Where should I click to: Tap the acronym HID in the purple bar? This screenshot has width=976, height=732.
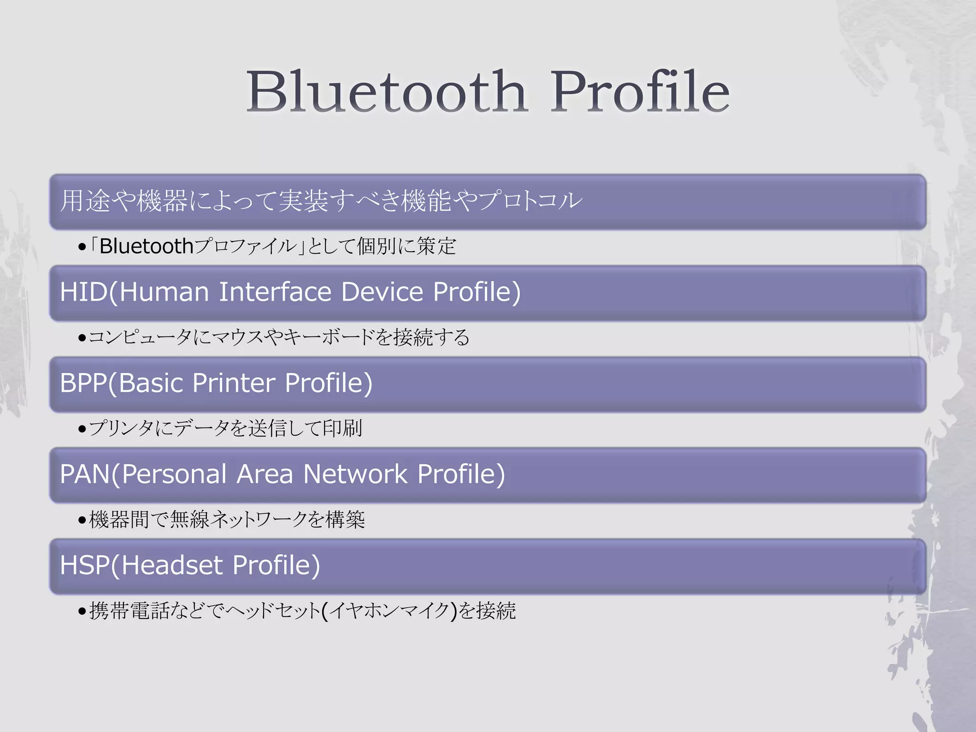pyautogui.click(x=84, y=292)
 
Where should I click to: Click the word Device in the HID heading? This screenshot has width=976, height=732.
pyautogui.click(x=382, y=292)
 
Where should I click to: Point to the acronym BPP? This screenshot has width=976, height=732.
pyautogui.click(x=83, y=383)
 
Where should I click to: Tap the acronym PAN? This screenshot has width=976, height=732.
pyautogui.click(x=85, y=474)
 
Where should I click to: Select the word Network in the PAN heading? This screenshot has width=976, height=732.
pyautogui.click(x=355, y=474)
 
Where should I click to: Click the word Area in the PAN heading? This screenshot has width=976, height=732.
pyautogui.click(x=265, y=474)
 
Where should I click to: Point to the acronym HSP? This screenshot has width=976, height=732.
pyautogui.click(x=84, y=565)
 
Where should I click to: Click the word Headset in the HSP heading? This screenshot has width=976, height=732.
pyautogui.click(x=172, y=565)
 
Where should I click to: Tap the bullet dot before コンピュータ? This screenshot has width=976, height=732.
pyautogui.click(x=82, y=338)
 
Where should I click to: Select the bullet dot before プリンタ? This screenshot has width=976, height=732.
pyautogui.click(x=82, y=429)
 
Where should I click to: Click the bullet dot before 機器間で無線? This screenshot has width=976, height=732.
pyautogui.click(x=82, y=520)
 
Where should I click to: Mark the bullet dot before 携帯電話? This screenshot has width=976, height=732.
pyautogui.click(x=82, y=611)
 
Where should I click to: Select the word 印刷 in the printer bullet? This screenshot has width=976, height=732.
pyautogui.click(x=342, y=428)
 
